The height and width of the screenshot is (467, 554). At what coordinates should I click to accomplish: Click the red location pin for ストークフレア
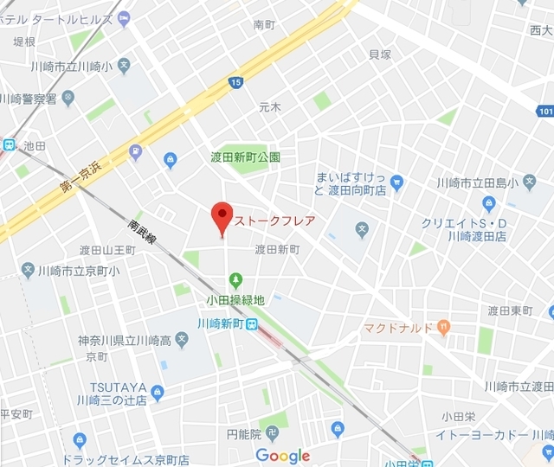coord(222,216)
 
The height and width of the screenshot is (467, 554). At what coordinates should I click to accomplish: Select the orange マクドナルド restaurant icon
coord(444,327)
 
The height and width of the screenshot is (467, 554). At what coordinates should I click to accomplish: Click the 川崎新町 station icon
coord(250,324)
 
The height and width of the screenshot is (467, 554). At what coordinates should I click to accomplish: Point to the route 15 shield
coord(235,82)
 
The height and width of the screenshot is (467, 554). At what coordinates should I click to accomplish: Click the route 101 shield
coord(545,111)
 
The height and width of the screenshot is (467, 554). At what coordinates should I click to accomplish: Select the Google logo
coord(282,456)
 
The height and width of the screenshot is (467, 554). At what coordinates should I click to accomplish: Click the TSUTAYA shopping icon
coord(157,394)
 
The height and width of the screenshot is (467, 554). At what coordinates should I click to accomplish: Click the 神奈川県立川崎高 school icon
coord(181,340)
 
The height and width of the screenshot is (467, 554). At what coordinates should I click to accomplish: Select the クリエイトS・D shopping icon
coord(488,204)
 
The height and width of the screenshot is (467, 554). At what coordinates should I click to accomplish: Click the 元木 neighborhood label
coord(270,107)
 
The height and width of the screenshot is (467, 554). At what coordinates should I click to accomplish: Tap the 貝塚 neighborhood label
coord(380,55)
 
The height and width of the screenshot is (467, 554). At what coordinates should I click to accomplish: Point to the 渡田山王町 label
coord(108,250)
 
